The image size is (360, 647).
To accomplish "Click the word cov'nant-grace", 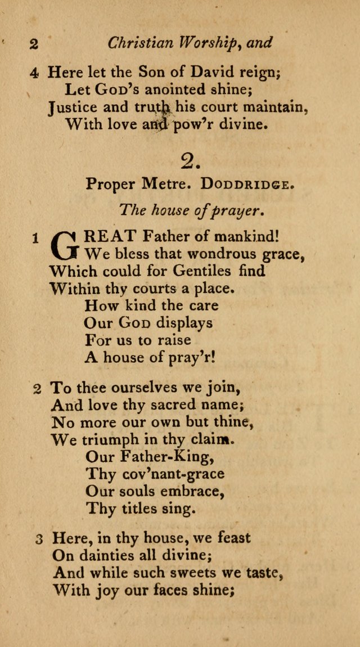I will click(155, 474).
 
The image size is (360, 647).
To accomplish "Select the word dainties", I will click(103, 556).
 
